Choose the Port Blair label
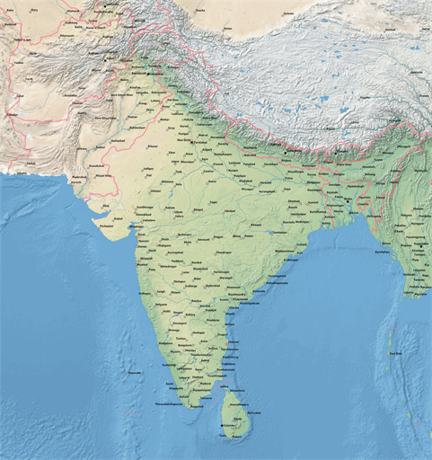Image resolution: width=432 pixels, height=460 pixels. point(393,353)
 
